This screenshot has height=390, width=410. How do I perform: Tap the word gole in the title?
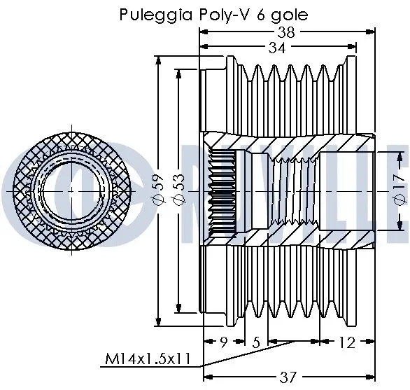click(271, 15)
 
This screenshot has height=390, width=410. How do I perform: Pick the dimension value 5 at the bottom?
click(257, 343)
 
